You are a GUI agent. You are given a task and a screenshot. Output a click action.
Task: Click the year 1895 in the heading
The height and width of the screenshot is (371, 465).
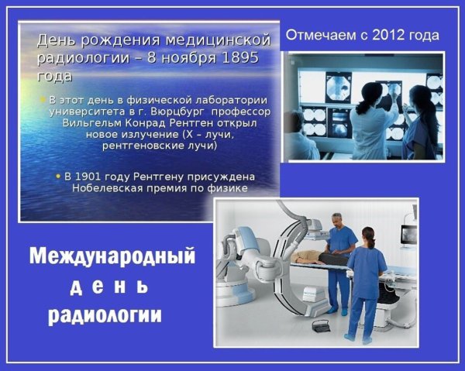(239, 58)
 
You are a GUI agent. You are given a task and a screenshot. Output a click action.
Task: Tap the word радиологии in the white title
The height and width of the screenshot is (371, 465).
(107, 315)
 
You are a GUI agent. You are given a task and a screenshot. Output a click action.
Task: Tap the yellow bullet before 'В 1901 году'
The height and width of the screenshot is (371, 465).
(57, 177)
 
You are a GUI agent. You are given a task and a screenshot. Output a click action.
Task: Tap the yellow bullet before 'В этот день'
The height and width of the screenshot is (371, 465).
(43, 100)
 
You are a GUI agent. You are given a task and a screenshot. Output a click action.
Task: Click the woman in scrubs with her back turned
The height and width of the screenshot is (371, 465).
(366, 279)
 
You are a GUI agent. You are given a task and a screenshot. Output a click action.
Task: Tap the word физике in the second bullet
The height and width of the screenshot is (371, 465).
(227, 188)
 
